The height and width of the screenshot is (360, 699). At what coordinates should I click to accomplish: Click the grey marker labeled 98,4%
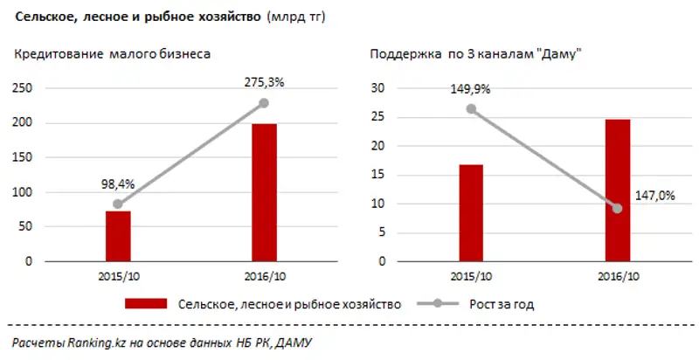(118, 204)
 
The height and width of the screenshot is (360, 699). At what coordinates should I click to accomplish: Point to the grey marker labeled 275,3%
(264, 103)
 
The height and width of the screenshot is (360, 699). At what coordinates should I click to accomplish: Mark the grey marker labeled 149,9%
(471, 108)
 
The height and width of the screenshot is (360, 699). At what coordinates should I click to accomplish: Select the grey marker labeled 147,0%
(618, 208)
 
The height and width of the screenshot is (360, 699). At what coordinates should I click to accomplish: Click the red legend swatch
(146, 305)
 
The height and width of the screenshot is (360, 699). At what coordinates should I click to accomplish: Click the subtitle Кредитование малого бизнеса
(112, 55)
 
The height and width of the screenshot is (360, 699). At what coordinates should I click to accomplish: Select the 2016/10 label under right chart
(618, 278)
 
